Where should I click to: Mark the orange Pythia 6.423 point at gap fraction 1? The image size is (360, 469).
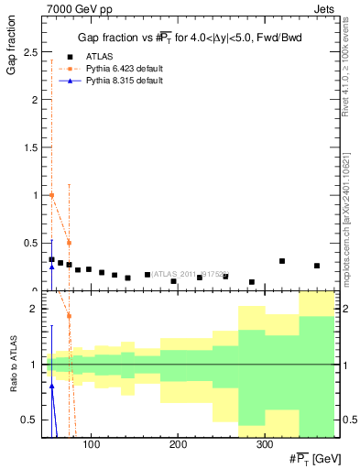pos(52,195)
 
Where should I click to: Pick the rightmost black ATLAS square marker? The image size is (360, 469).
pos(317,266)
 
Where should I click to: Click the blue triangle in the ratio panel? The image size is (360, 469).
pos(52,387)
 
